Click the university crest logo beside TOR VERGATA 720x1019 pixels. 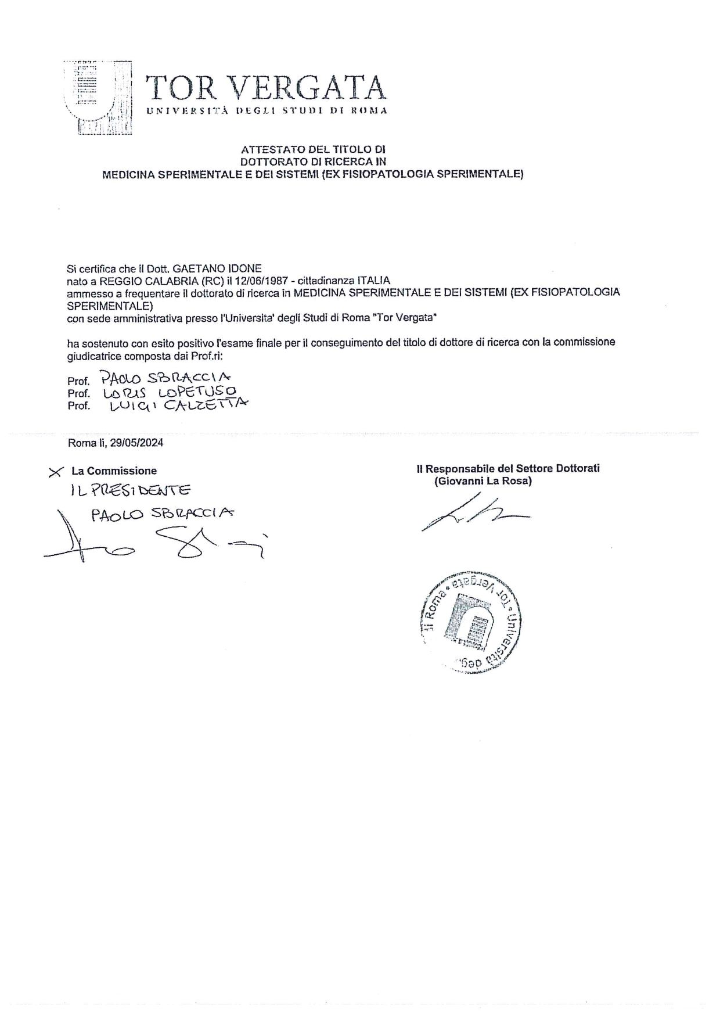[98, 98]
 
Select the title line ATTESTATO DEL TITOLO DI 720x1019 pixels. [313, 149]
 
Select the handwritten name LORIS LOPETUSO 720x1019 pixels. [169, 393]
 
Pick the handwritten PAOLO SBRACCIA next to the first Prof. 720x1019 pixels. [165, 378]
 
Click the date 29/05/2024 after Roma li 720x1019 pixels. [141, 443]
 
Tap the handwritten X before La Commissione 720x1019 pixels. [56, 472]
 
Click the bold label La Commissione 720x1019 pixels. [114, 471]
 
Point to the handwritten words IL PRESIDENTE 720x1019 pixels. [129, 491]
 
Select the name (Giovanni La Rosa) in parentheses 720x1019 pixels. [483, 481]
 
